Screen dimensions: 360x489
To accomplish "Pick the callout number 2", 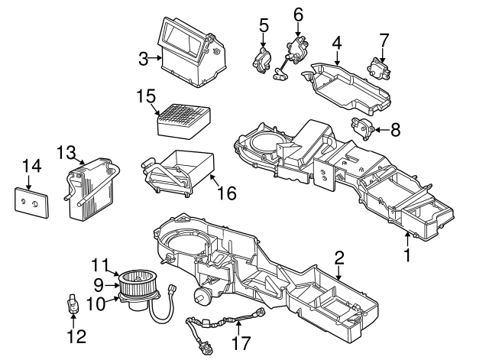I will point(339,258).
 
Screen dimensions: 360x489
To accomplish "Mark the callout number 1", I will point(407,255).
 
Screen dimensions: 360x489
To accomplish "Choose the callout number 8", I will point(395,130).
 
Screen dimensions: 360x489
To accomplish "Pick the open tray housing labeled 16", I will point(183,170).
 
